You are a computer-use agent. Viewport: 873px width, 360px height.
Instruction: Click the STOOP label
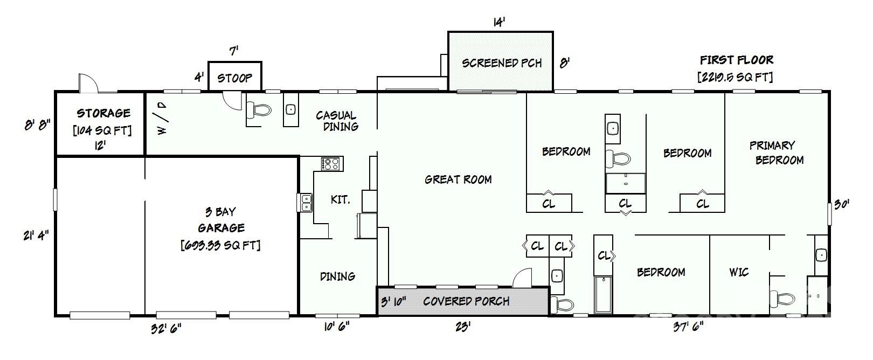tap(234, 78)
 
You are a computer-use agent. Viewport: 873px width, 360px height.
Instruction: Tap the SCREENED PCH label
tap(502, 63)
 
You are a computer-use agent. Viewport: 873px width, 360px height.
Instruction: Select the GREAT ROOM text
tap(458, 179)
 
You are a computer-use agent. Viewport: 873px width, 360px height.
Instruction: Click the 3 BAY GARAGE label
tap(221, 220)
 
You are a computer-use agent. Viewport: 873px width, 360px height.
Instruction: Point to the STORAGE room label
tap(103, 113)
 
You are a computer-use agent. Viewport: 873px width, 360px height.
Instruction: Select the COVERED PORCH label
tap(466, 301)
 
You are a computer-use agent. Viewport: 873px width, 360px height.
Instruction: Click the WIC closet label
tap(739, 272)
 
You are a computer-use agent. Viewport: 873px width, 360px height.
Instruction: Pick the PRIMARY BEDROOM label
tap(776, 153)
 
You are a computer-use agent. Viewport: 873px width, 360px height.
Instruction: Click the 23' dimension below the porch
tap(462, 327)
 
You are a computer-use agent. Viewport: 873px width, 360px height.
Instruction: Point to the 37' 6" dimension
tap(688, 327)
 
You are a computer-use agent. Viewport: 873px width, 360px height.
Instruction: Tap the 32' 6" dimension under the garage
tap(166, 328)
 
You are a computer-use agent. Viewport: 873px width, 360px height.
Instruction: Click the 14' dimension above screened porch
tap(499, 22)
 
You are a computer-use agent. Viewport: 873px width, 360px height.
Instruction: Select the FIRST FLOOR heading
tap(736, 60)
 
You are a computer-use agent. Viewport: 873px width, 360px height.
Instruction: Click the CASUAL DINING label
tap(337, 121)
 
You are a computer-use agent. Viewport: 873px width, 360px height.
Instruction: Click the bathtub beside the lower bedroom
tap(603, 294)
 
